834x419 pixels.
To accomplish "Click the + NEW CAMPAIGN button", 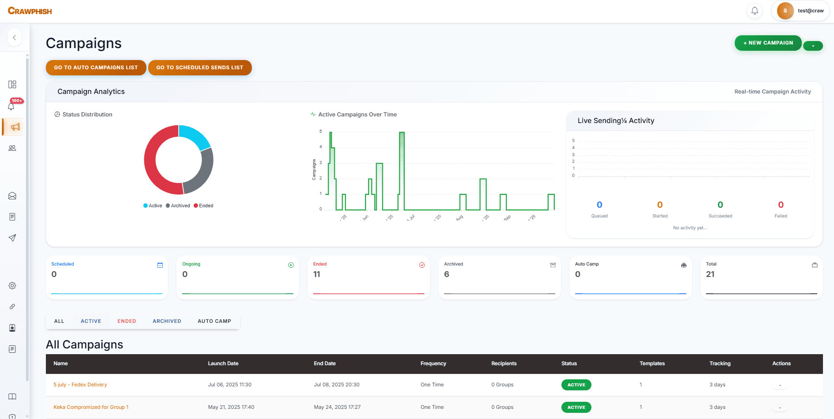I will tap(768, 43).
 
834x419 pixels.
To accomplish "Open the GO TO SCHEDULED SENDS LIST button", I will tap(200, 67).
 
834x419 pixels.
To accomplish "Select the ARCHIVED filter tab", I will tap(167, 321).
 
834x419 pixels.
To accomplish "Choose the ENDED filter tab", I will tap(127, 321).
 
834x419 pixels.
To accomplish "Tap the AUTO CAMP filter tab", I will tap(214, 321).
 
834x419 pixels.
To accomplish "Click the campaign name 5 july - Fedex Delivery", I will tap(80, 385).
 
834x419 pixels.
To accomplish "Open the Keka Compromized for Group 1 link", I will tap(91, 407).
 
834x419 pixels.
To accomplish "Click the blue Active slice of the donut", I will tap(194, 135).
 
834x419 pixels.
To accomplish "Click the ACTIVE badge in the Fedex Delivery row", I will tap(576, 385).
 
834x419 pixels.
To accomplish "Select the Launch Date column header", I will tap(223, 363).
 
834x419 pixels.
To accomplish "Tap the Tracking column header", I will tap(720, 363).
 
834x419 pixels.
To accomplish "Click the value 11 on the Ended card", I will tap(317, 274).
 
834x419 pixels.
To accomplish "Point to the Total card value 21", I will tap(710, 274).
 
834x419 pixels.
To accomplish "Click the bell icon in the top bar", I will tap(755, 11).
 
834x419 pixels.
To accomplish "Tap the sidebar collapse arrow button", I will tap(15, 37).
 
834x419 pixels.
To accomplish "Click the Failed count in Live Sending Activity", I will tap(781, 205).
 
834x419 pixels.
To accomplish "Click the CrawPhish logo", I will tap(30, 11).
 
